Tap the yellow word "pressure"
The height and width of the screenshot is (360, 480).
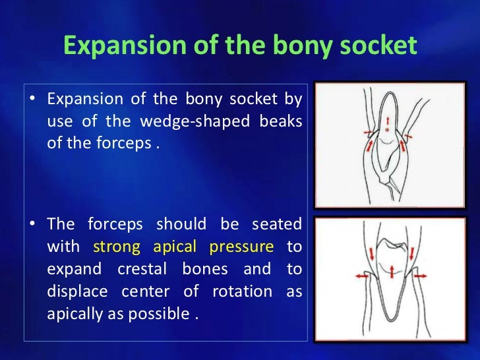coord(241,247)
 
